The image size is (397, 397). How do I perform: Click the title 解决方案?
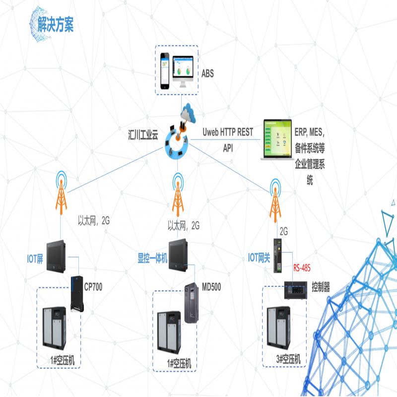(x=56, y=24)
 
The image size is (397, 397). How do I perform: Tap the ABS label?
(x=207, y=73)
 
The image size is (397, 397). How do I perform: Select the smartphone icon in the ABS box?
(x=165, y=71)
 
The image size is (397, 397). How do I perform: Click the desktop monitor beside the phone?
(x=183, y=71)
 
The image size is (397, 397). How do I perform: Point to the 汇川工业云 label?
(x=143, y=134)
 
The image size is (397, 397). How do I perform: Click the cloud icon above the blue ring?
(x=189, y=113)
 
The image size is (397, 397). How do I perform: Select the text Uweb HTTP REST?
(x=228, y=132)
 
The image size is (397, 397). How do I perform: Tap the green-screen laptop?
(x=277, y=139)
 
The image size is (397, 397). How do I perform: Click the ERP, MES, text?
(x=309, y=132)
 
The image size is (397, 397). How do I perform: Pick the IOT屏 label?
(x=35, y=259)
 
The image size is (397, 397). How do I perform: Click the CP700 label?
(x=93, y=287)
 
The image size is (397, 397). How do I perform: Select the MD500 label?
(x=211, y=287)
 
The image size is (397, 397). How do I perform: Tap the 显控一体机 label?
(x=152, y=258)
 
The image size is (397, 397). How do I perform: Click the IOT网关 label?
(x=259, y=258)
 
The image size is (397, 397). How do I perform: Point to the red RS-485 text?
(x=302, y=267)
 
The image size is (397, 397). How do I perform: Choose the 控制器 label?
(x=321, y=287)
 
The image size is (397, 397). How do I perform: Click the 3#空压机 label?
(x=288, y=359)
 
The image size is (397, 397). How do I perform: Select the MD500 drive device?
(x=191, y=303)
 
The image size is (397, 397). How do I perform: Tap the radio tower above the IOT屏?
(x=61, y=193)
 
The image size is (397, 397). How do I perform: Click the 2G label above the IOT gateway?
(x=283, y=231)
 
